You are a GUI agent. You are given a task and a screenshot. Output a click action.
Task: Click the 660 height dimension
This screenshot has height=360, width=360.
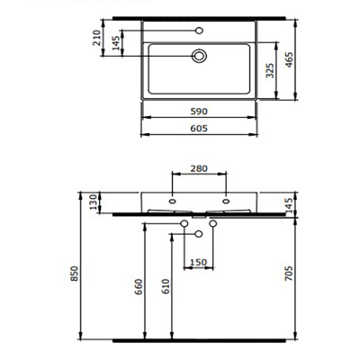pos(137,288)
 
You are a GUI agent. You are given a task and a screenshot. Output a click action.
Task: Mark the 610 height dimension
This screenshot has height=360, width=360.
pos(164,288)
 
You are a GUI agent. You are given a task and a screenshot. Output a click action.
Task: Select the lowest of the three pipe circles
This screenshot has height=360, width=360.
pos(199,234)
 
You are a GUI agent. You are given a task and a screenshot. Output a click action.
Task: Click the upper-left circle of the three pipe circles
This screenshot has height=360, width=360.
pos(184,223)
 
